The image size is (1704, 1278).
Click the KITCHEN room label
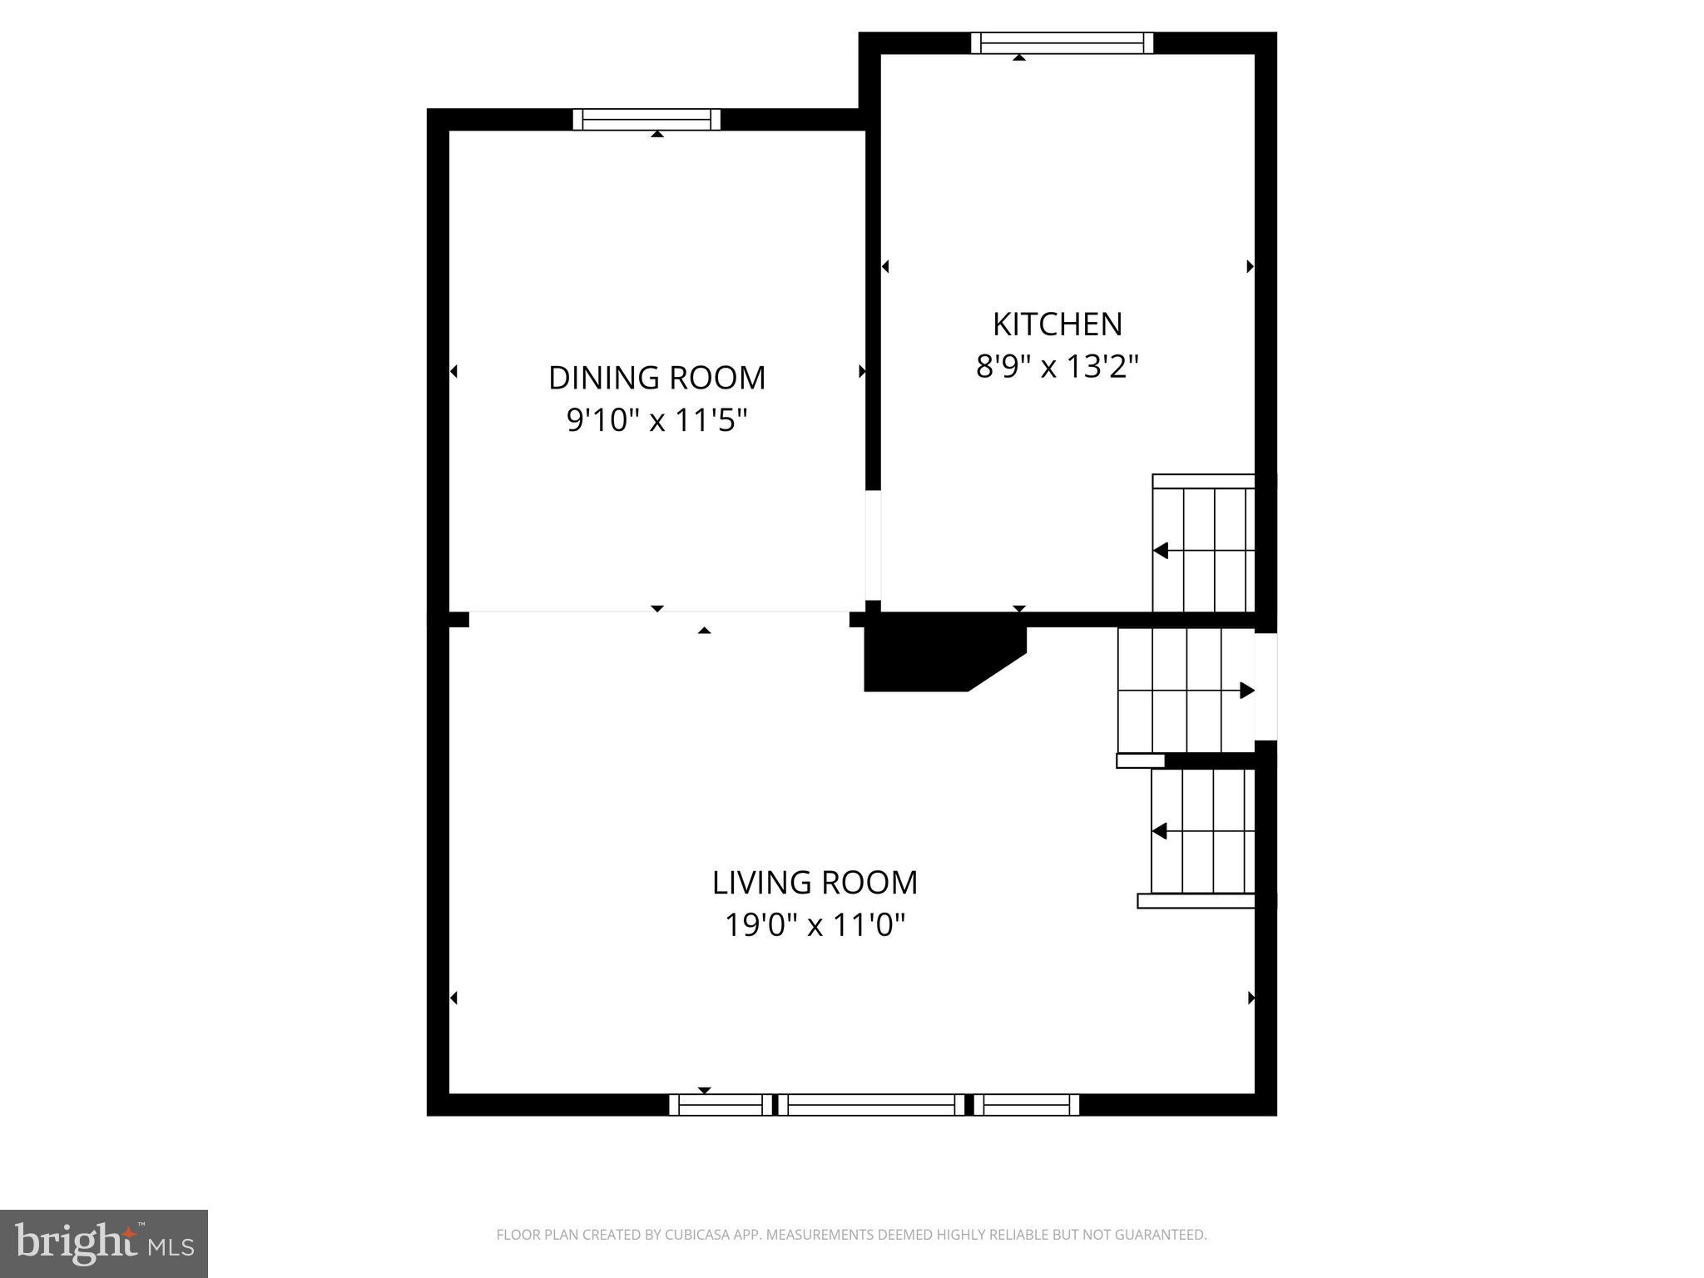tap(1057, 324)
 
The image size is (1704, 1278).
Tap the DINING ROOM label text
tap(656, 379)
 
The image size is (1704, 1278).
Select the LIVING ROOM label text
tap(815, 883)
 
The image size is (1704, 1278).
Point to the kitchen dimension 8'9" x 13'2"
tap(1057, 366)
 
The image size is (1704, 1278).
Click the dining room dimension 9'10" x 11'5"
tap(656, 421)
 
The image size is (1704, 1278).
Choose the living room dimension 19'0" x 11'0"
tap(815, 925)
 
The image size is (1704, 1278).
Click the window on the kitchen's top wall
tap(1062, 42)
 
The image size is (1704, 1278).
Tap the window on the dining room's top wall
tap(646, 120)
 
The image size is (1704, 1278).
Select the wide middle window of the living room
tap(870, 1105)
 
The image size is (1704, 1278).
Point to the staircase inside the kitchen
tap(1203, 545)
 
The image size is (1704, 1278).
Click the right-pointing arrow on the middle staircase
tap(1246, 691)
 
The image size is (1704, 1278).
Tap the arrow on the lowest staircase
tap(1160, 831)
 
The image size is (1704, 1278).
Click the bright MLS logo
tap(104, 1244)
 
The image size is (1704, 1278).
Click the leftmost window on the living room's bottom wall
tap(721, 1105)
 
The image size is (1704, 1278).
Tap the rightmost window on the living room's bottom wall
tap(1027, 1105)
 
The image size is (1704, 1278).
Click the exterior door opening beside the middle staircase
tap(1266, 686)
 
